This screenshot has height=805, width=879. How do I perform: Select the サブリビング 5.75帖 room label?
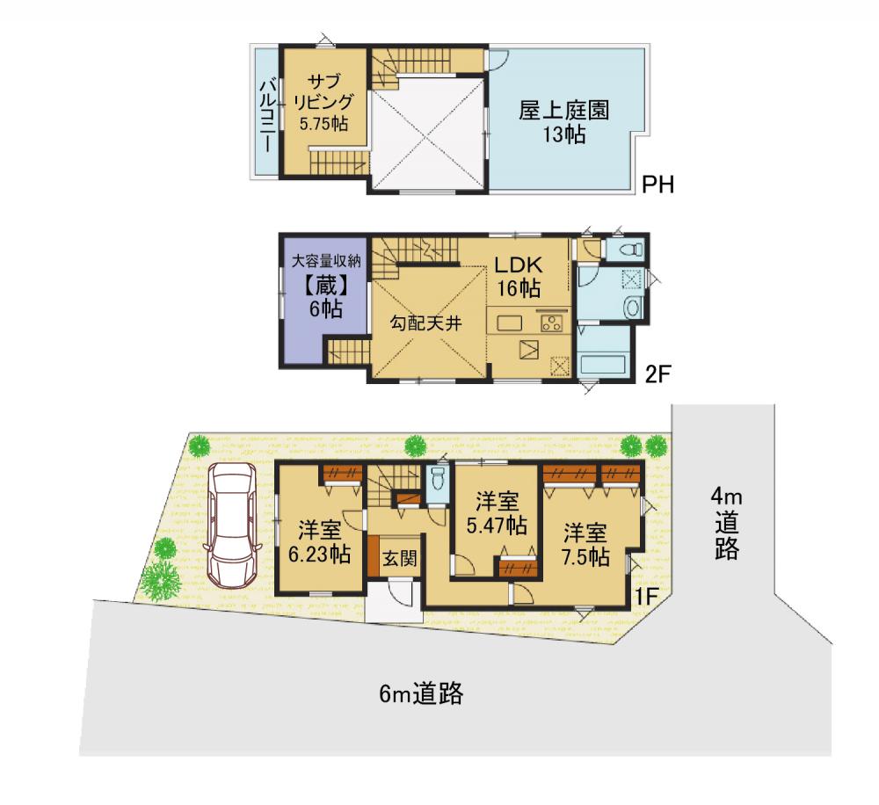click(323, 103)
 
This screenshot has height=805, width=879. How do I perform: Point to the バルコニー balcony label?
click(268, 116)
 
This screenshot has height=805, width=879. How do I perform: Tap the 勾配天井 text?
click(425, 323)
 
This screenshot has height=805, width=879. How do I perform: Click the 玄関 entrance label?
click(400, 558)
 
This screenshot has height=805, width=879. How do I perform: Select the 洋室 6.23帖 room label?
click(320, 541)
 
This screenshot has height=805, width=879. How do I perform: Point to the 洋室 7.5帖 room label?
click(586, 544)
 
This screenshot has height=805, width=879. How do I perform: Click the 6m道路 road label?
click(422, 694)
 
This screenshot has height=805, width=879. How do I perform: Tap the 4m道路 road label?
click(727, 524)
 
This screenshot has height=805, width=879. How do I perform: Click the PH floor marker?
click(657, 185)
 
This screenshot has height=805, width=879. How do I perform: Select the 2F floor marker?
click(657, 374)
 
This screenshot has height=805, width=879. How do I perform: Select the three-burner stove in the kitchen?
click(552, 323)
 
